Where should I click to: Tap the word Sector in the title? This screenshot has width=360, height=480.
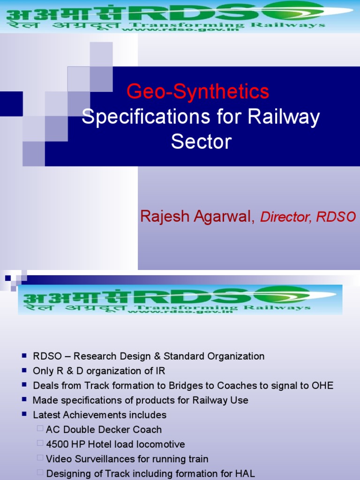(x=201, y=141)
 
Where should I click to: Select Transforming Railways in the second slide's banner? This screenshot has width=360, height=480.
(x=222, y=307)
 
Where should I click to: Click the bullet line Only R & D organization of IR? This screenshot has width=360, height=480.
(x=99, y=371)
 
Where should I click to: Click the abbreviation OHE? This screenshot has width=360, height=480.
(x=322, y=386)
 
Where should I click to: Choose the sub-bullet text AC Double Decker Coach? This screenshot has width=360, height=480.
(x=104, y=429)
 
